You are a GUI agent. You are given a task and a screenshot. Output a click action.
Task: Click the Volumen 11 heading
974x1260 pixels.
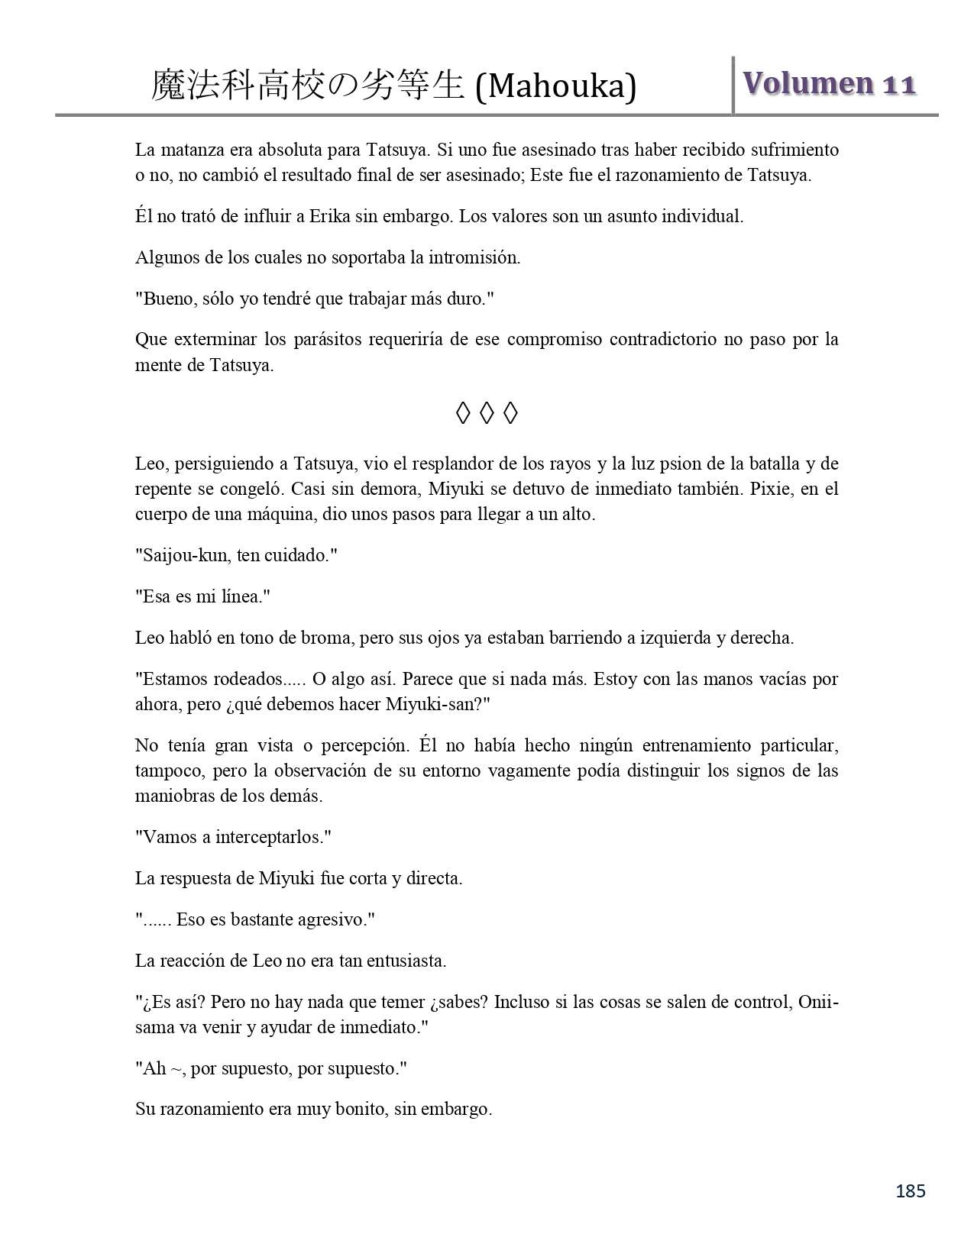pos(830,83)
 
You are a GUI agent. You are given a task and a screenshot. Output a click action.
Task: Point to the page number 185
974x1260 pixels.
pos(910,1191)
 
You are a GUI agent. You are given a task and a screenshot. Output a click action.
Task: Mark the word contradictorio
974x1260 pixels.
pos(660,339)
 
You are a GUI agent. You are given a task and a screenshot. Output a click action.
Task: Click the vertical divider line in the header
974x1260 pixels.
pos(733,85)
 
